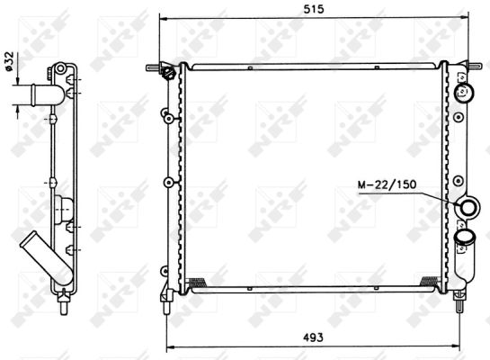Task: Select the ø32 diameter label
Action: [8, 60]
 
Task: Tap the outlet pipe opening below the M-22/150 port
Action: [466, 238]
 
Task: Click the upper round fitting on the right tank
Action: [466, 91]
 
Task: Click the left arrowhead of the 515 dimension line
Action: [162, 18]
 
